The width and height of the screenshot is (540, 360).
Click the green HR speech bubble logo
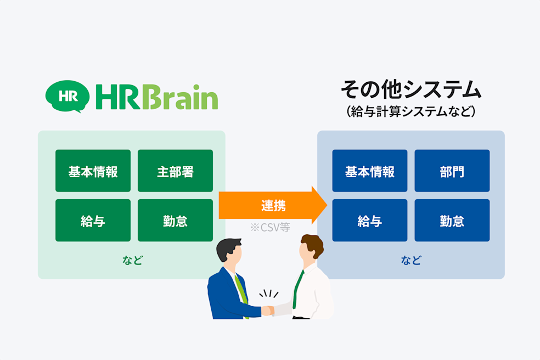point(67,96)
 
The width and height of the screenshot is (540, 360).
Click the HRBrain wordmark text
point(156,97)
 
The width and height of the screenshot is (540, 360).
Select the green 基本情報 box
point(93,171)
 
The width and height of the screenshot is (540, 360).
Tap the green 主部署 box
point(175,171)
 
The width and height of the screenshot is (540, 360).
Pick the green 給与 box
point(93,221)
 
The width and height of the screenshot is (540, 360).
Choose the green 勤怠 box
point(175,221)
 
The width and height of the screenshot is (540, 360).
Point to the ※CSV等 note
point(269,227)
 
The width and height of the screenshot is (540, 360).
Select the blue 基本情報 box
point(370,171)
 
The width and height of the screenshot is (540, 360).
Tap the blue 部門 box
point(452,171)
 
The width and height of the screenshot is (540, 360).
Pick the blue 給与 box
point(370,221)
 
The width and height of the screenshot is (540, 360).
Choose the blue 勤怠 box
point(452,221)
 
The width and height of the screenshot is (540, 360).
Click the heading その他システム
point(410,89)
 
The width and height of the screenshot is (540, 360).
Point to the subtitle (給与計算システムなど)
point(410,111)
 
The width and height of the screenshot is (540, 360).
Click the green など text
point(132,260)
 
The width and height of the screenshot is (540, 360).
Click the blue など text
point(410,260)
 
